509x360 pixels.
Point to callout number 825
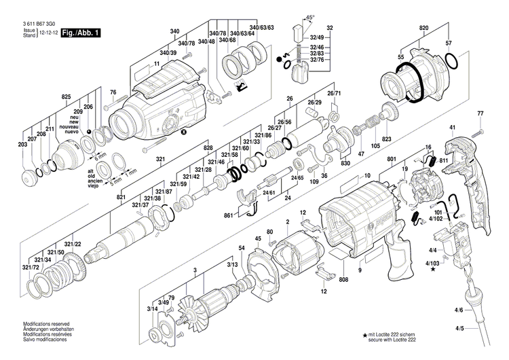66,98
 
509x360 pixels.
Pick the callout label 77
480,113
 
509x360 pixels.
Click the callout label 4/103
432,262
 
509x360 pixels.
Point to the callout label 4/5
459,329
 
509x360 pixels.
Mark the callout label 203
22,145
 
